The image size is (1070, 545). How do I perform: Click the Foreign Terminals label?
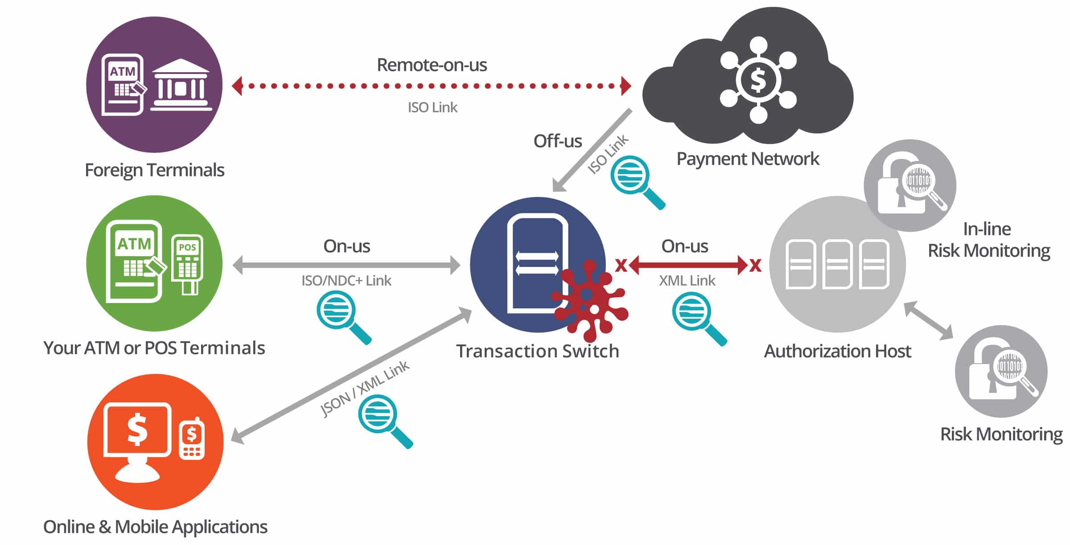click(x=154, y=170)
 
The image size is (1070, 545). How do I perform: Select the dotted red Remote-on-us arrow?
click(x=431, y=86)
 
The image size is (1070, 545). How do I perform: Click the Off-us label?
click(x=557, y=141)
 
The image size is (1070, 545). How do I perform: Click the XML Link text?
click(x=687, y=280)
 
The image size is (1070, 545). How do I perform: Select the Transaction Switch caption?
click(x=538, y=351)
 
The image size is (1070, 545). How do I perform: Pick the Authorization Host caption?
click(x=837, y=351)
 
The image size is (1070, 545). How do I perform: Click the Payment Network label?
click(x=748, y=159)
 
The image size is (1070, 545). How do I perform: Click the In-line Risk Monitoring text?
click(x=988, y=240)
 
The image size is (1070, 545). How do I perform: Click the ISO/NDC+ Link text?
click(x=346, y=280)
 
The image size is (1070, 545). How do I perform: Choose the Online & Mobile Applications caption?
click(x=155, y=527)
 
